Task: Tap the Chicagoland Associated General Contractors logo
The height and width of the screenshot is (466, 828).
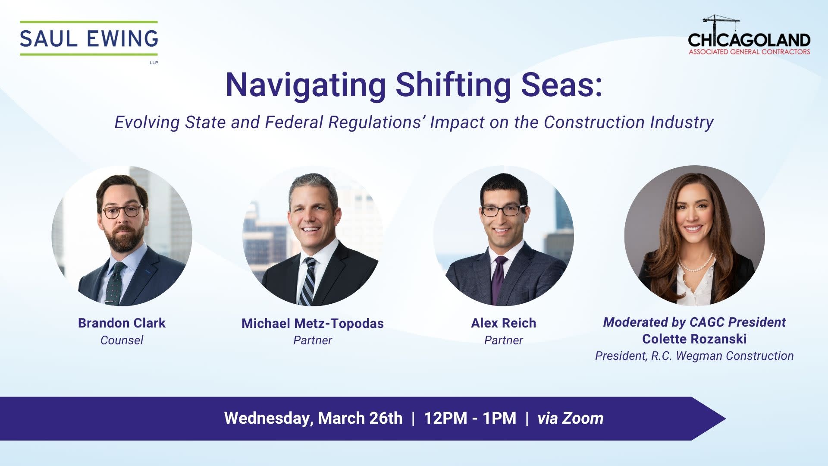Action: [749, 35]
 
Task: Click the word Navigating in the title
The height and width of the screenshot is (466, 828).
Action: [305, 85]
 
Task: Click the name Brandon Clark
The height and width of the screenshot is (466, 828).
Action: [122, 323]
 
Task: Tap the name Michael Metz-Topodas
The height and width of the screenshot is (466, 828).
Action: [313, 323]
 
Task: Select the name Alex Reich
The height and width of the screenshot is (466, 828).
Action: [503, 323]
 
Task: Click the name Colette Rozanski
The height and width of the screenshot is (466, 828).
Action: [694, 339]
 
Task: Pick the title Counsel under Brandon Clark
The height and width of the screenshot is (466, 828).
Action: [122, 340]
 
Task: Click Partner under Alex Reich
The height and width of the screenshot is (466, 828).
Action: [503, 340]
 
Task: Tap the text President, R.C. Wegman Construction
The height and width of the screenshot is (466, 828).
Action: [694, 356]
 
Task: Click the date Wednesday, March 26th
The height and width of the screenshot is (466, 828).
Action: [313, 418]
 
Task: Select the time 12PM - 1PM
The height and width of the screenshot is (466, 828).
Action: [470, 418]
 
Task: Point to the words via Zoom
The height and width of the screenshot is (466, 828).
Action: [570, 418]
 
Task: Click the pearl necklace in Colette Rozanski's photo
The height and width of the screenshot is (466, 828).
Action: [695, 263]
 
